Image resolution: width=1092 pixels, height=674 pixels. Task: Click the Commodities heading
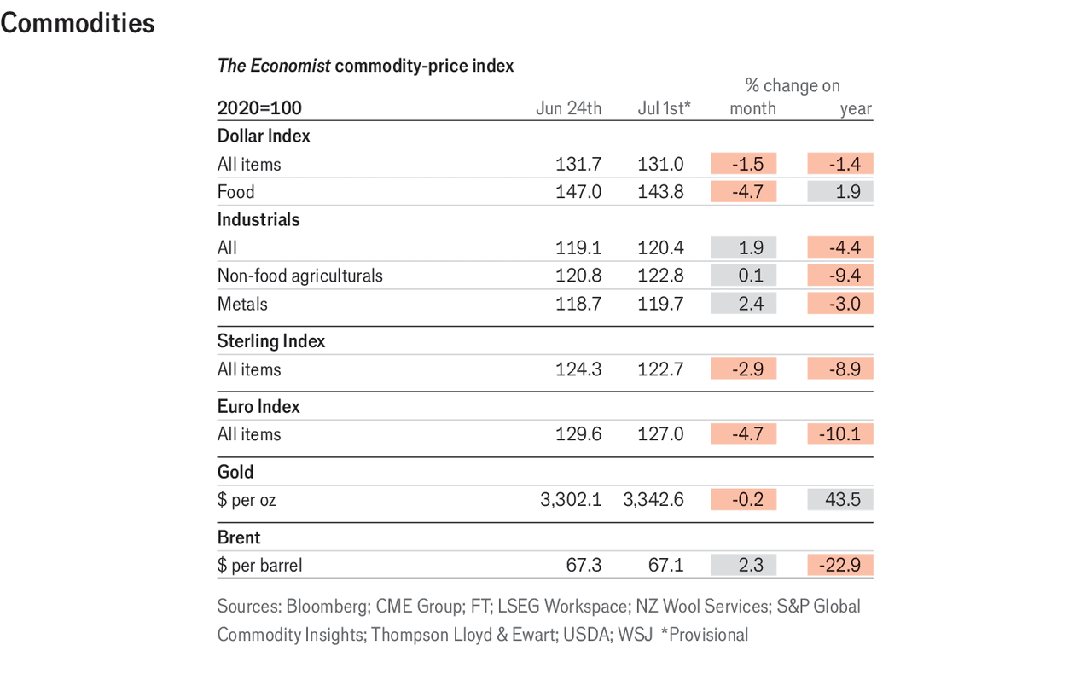click(x=78, y=24)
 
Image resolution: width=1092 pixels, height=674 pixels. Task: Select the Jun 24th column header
click(x=568, y=108)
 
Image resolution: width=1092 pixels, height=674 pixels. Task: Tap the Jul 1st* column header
click(x=664, y=108)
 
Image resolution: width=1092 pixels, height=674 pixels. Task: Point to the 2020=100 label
click(x=259, y=108)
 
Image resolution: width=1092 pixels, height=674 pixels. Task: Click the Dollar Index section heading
click(x=264, y=136)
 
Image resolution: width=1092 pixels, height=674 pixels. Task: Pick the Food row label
click(x=235, y=192)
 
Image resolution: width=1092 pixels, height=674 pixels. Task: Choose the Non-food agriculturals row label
click(x=300, y=276)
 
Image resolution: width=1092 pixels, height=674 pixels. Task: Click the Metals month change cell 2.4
click(x=743, y=304)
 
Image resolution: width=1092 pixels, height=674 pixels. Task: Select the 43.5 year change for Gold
click(x=840, y=500)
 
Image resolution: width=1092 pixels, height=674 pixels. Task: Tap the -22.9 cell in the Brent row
click(x=840, y=565)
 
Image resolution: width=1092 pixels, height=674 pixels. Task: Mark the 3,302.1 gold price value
click(x=571, y=500)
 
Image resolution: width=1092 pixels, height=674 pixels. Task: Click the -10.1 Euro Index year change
click(x=840, y=434)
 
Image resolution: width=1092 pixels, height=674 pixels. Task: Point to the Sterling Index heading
click(x=271, y=341)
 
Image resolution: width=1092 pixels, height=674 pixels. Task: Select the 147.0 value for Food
click(x=578, y=192)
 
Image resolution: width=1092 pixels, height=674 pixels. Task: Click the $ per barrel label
click(x=260, y=565)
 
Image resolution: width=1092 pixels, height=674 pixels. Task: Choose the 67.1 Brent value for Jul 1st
click(x=660, y=565)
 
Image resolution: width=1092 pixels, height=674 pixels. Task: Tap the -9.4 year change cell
click(x=840, y=276)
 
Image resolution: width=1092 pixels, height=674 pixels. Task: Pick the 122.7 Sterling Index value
click(x=660, y=369)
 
